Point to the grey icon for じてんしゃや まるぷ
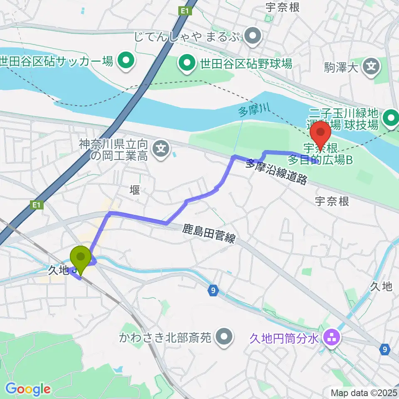click(x=252, y=37)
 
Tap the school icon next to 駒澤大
click(x=371, y=66)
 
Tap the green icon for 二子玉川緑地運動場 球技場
click(x=391, y=118)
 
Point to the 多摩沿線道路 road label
click(x=276, y=171)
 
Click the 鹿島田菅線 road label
click(x=209, y=234)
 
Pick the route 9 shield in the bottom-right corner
click(x=385, y=350)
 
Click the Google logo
click(x=28, y=389)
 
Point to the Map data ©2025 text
click(x=363, y=392)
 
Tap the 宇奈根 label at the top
click(x=282, y=7)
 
